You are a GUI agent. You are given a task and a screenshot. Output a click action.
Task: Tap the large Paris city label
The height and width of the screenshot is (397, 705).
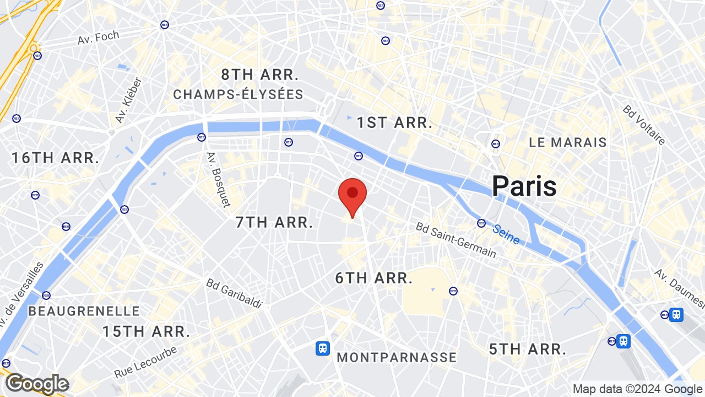[x=524, y=186]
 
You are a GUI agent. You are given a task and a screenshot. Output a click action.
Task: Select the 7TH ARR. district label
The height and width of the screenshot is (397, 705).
[x=274, y=222]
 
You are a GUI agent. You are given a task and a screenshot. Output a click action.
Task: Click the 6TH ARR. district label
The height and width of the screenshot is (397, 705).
[x=374, y=278]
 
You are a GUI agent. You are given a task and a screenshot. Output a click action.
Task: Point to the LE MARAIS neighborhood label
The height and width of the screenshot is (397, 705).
[x=567, y=142]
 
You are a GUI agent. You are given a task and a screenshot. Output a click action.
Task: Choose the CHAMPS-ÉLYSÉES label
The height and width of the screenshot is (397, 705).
[x=238, y=94]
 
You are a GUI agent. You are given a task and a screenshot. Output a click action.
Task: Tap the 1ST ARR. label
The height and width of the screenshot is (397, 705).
[x=394, y=122]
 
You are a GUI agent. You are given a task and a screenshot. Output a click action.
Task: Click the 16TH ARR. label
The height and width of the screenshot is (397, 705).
[x=55, y=158]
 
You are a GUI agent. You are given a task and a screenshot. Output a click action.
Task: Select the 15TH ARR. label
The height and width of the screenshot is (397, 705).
[x=146, y=331]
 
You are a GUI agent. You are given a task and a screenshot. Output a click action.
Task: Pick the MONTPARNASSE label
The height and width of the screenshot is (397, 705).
[x=397, y=357]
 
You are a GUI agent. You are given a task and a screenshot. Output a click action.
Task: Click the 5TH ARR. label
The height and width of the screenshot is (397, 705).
[x=528, y=349]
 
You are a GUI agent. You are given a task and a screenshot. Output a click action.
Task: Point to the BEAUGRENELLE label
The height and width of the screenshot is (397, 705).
[x=84, y=311]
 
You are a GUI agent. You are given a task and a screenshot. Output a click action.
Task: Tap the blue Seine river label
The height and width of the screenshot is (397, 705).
[x=506, y=234]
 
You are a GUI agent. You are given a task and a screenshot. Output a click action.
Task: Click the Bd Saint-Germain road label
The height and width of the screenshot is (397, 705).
[x=455, y=240]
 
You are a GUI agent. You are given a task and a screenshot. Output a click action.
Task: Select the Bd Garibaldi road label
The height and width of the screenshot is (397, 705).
[x=235, y=293]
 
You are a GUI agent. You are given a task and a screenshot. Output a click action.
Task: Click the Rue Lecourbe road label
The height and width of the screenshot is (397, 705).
[x=145, y=361]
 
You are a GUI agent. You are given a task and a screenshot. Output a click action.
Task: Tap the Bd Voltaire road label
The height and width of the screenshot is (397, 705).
[x=644, y=125]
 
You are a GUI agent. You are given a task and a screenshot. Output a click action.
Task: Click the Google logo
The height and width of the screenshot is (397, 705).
[x=37, y=384]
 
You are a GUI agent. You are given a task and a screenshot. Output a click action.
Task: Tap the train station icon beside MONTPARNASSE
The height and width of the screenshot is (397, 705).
[x=323, y=348]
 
